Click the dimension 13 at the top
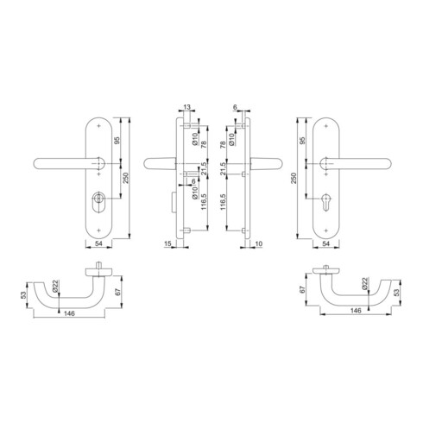pyautogui.click(x=186, y=107)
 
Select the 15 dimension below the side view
pyautogui.click(x=167, y=243)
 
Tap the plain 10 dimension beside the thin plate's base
pyautogui.click(x=259, y=243)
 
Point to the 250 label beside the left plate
pyautogui.click(x=127, y=178)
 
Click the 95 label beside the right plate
pyautogui.click(x=302, y=141)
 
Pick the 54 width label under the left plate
pyautogui.click(x=98, y=243)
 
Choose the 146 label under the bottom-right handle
pyautogui.click(x=356, y=311)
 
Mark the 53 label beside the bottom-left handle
pyautogui.click(x=23, y=294)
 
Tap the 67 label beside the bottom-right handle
pyautogui.click(x=302, y=290)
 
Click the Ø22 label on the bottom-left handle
pyautogui.click(x=55, y=286)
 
